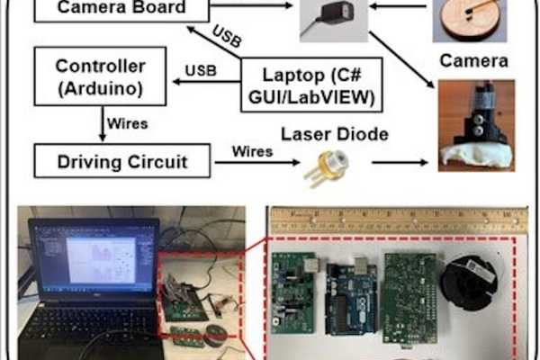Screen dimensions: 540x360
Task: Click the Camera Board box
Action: pyautogui.click(x=121, y=10)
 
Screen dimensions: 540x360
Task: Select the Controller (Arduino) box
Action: pyautogui.click(x=100, y=76)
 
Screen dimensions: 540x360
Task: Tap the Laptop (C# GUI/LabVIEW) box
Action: pyautogui.click(x=311, y=85)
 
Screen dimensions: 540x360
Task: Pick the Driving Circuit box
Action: pyautogui.click(x=122, y=161)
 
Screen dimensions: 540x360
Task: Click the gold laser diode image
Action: pyautogui.click(x=326, y=167)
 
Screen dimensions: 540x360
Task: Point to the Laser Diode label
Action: pyautogui.click(x=335, y=134)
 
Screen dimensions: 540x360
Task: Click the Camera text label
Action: pyautogui.click(x=474, y=61)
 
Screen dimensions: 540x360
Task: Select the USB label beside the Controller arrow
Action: pyautogui.click(x=201, y=70)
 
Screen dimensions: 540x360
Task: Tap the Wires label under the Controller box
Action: pyautogui.click(x=128, y=123)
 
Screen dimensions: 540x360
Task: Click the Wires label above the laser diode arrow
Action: pyautogui.click(x=252, y=151)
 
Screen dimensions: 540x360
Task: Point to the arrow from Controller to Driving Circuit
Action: pyautogui.click(x=103, y=123)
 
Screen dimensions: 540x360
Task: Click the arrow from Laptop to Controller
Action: pyautogui.click(x=207, y=82)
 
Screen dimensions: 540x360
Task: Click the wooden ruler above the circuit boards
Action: pyautogui.click(x=399, y=220)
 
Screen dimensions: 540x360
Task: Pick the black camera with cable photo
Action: pyautogui.click(x=334, y=21)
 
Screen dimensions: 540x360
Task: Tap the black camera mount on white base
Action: pyautogui.click(x=476, y=126)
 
